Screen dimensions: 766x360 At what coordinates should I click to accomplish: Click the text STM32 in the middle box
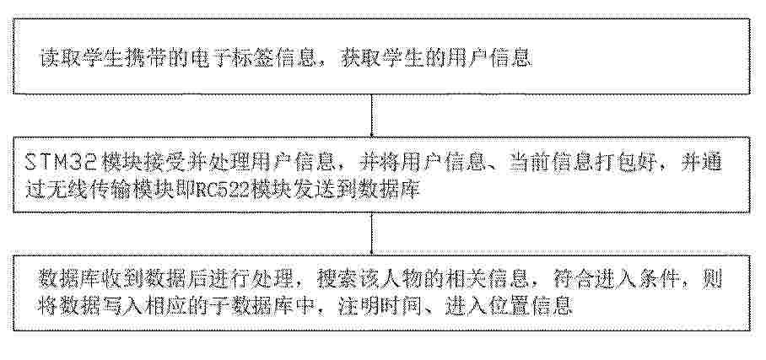click(x=58, y=163)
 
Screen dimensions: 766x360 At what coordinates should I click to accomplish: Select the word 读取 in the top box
click(x=57, y=58)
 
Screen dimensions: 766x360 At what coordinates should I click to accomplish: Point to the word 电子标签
click(x=226, y=58)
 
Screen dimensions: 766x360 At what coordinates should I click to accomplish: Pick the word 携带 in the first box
click(x=152, y=58)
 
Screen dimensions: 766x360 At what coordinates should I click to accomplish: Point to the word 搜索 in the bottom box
click(x=335, y=281)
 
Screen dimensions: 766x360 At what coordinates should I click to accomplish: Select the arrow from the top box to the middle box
click(x=372, y=116)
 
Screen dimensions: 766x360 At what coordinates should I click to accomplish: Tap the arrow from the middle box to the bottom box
click(x=372, y=234)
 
